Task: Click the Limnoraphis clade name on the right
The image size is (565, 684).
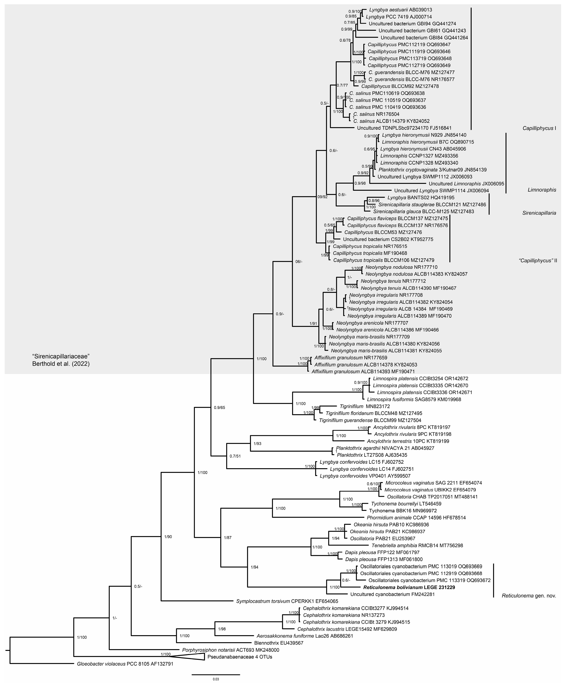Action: pos(542,190)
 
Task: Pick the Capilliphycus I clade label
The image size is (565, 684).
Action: pos(539,128)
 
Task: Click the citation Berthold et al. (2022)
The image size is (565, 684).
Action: pos(61,364)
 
